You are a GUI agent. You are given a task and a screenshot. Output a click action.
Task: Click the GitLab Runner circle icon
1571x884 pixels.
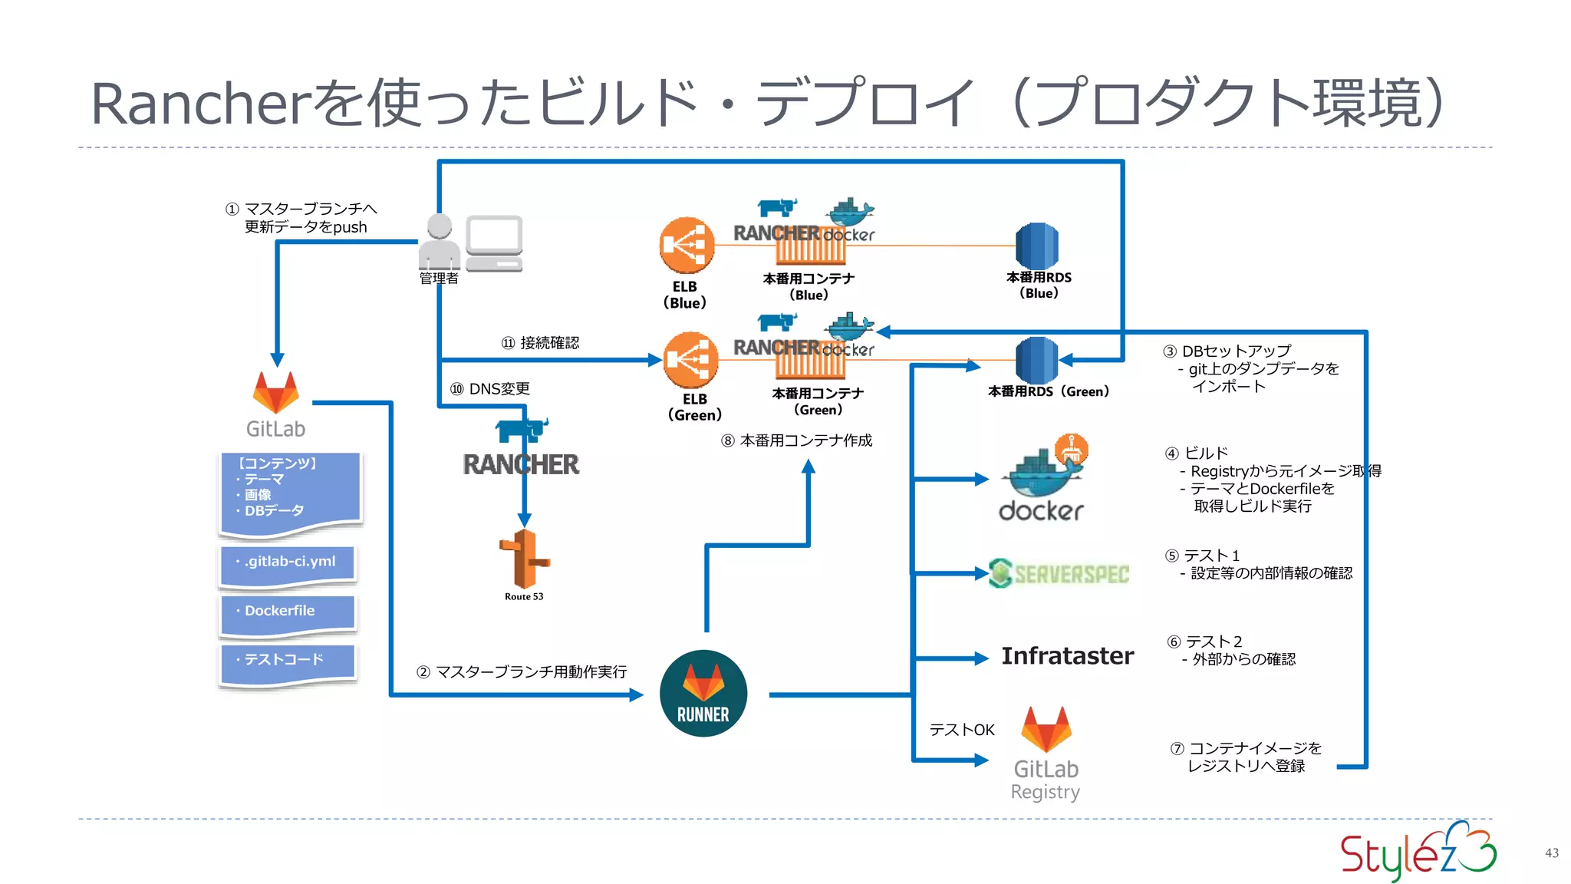tap(703, 693)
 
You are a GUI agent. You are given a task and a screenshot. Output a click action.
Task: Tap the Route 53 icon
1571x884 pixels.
tap(524, 559)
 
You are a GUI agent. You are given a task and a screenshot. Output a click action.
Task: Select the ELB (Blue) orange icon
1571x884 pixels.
tap(687, 246)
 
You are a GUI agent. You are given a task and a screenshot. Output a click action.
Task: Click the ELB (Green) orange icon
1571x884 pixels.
tap(690, 360)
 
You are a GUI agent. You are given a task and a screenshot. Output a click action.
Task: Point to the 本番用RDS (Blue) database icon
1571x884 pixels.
tap(1037, 246)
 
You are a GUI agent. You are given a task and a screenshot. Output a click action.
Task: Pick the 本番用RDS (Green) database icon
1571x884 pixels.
tap(1037, 360)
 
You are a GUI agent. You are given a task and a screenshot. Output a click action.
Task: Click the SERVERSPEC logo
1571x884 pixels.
tap(1059, 573)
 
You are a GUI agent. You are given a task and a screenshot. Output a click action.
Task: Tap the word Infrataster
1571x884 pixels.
tap(1067, 656)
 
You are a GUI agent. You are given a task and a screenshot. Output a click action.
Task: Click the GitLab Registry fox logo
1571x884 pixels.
tap(1046, 729)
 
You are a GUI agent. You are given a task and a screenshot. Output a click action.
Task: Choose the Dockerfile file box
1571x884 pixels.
tap(288, 615)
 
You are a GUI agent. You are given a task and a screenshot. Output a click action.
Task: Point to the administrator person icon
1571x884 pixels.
tap(440, 242)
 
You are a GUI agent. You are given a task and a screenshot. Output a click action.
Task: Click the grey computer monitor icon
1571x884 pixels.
tap(494, 242)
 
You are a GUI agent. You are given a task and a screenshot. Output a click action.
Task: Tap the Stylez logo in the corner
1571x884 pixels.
tap(1418, 851)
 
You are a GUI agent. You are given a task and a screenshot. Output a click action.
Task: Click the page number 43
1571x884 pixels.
tap(1551, 853)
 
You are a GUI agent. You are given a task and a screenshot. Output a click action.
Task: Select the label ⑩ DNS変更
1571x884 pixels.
tap(490, 389)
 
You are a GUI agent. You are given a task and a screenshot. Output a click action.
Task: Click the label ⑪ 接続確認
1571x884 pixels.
tap(540, 343)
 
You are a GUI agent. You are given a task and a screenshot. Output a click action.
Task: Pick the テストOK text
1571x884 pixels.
tap(961, 730)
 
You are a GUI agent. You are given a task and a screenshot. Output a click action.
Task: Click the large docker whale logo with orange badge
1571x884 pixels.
tap(1042, 480)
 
